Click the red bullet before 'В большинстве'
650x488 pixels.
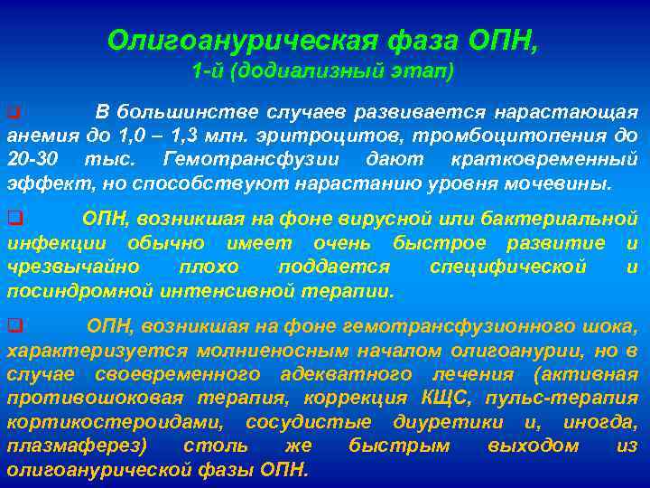coord(13,113)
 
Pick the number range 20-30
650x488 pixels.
coord(34,160)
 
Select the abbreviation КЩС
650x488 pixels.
coord(441,398)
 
